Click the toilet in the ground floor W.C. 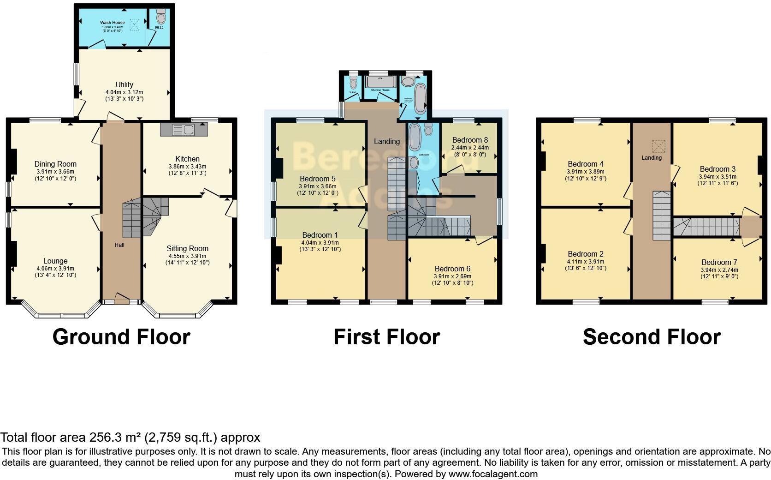pyautogui.click(x=161, y=18)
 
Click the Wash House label pyautogui.click(x=112, y=22)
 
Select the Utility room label pyautogui.click(x=124, y=84)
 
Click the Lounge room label pyautogui.click(x=55, y=261)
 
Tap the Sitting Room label pyautogui.click(x=187, y=248)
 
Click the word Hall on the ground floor pyautogui.click(x=119, y=245)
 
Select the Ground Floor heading pyautogui.click(x=121, y=337)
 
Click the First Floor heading pyautogui.click(x=386, y=337)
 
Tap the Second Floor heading pyautogui.click(x=652, y=337)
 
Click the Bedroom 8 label pyautogui.click(x=469, y=140)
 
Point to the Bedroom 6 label pyautogui.click(x=452, y=269)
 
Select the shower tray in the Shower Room pyautogui.click(x=380, y=82)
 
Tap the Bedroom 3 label pyautogui.click(x=718, y=169)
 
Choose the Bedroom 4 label pyautogui.click(x=585, y=164)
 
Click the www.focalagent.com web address pyautogui.click(x=492, y=474)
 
